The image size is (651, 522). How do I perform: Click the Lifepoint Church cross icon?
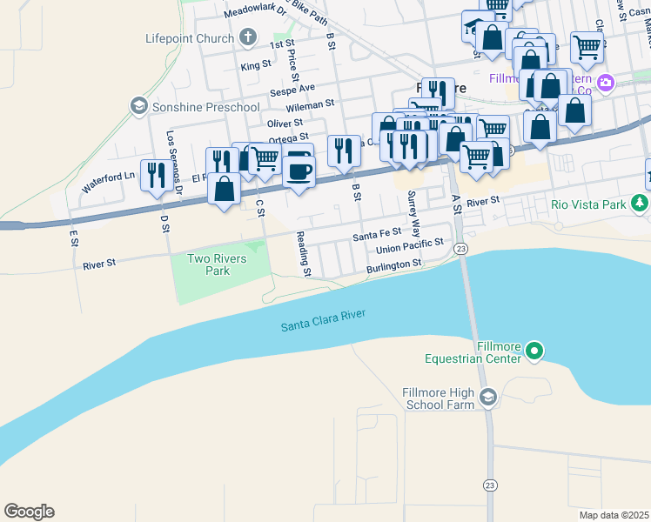[248, 38]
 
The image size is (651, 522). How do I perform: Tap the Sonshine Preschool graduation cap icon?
[138, 106]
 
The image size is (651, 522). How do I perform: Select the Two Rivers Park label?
[210, 264]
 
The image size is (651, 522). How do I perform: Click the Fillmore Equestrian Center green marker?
[534, 352]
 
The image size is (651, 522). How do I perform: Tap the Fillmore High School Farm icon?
[487, 398]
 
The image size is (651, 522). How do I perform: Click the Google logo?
[29, 512]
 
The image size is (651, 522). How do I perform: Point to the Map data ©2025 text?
[614, 515]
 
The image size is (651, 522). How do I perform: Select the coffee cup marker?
[299, 168]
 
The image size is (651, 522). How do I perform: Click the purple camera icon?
[605, 84]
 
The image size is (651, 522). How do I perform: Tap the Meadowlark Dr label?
[255, 13]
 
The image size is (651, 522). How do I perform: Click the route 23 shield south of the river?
[490, 484]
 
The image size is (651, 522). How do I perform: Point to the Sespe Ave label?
[292, 89]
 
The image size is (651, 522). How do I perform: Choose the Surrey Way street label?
[414, 216]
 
